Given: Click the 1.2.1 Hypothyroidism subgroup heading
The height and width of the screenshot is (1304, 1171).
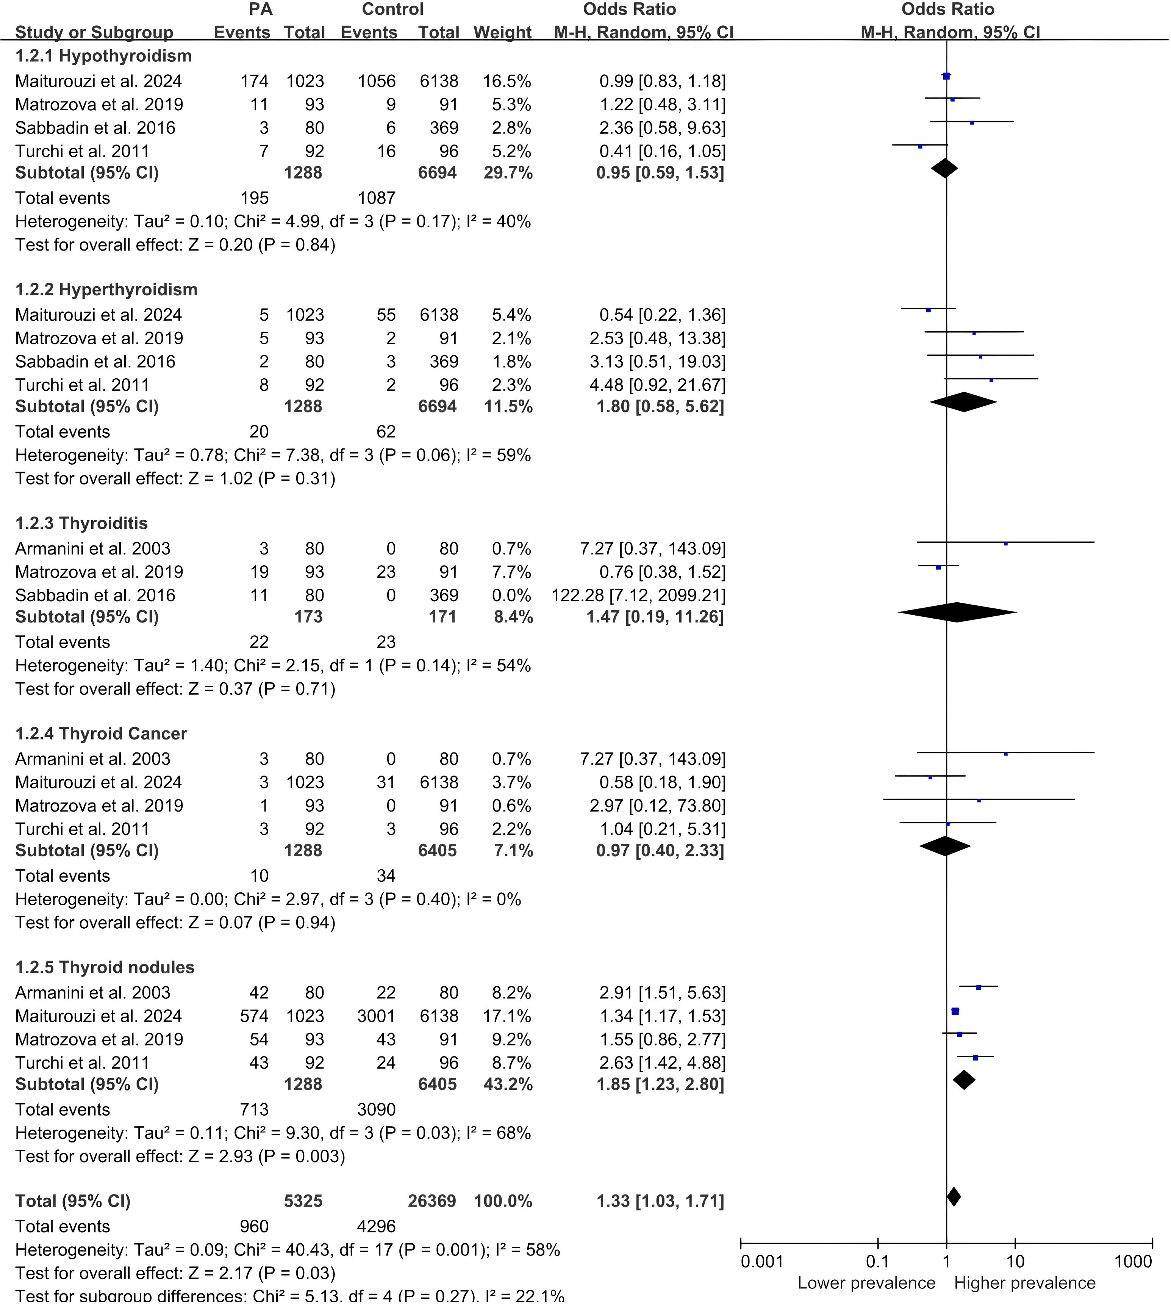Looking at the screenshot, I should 103,56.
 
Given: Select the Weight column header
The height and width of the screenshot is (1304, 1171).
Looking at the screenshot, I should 502,32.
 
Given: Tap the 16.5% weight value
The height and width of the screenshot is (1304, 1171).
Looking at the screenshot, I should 507,81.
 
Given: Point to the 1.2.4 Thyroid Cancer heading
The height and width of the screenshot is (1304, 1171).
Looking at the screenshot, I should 101,734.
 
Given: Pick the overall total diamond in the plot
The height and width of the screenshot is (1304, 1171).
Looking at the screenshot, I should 954,1196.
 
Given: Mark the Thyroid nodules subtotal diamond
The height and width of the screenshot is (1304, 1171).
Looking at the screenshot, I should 964,1079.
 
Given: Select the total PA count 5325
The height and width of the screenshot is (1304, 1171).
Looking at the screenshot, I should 303,1201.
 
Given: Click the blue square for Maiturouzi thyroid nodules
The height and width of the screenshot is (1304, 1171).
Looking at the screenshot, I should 955,1011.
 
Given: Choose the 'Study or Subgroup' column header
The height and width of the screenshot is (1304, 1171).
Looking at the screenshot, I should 94,32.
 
